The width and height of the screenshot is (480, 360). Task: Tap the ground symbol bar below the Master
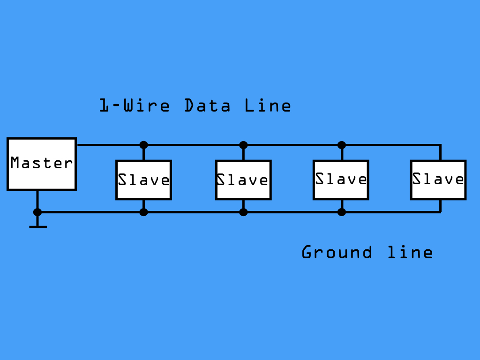pyautogui.click(x=38, y=227)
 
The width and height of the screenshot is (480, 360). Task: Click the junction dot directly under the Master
pyautogui.click(x=37, y=212)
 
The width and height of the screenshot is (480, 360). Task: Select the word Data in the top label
pyautogui.click(x=207, y=105)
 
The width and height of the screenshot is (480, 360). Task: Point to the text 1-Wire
pyautogui.click(x=135, y=105)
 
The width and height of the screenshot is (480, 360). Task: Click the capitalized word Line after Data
pyautogui.click(x=268, y=105)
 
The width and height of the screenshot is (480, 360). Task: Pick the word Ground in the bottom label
pyautogui.click(x=337, y=252)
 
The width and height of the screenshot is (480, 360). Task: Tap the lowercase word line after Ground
pyautogui.click(x=410, y=252)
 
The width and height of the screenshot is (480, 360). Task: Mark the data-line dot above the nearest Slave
pyautogui.click(x=143, y=145)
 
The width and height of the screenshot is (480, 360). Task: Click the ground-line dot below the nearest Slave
pyautogui.click(x=143, y=212)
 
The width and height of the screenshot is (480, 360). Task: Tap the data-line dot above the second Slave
pyautogui.click(x=243, y=145)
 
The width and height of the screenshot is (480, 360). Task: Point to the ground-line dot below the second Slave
pyautogui.click(x=243, y=212)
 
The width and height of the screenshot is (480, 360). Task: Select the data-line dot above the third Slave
pyautogui.click(x=342, y=145)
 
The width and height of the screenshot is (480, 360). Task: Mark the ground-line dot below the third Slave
pyautogui.click(x=342, y=212)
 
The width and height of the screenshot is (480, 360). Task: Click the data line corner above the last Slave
pyautogui.click(x=440, y=145)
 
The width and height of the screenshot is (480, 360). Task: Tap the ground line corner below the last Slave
pyautogui.click(x=440, y=212)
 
